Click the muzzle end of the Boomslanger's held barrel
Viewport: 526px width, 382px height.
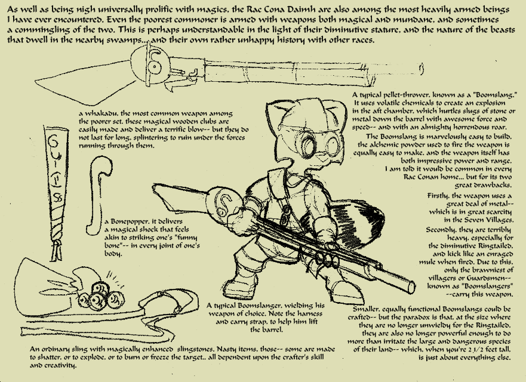[411, 287]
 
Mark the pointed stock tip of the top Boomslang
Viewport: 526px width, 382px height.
[35, 81]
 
